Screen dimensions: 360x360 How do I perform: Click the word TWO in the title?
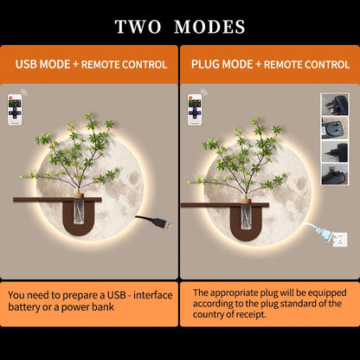tap(138, 27)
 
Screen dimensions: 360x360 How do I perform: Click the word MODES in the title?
tap(209, 27)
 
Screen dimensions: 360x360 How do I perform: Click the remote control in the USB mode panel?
tap(15, 110)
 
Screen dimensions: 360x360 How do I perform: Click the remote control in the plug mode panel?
tap(195, 110)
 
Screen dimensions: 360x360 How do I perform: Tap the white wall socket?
tap(340, 240)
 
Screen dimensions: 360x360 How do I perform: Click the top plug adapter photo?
tap(335, 105)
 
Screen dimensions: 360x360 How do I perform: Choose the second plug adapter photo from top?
tap(335, 128)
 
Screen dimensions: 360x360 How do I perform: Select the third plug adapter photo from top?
tap(335, 151)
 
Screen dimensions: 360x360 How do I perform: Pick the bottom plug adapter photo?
tap(335, 174)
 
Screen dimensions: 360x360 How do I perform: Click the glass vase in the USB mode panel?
tap(79, 211)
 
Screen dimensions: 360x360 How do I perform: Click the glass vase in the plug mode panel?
tap(246, 217)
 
